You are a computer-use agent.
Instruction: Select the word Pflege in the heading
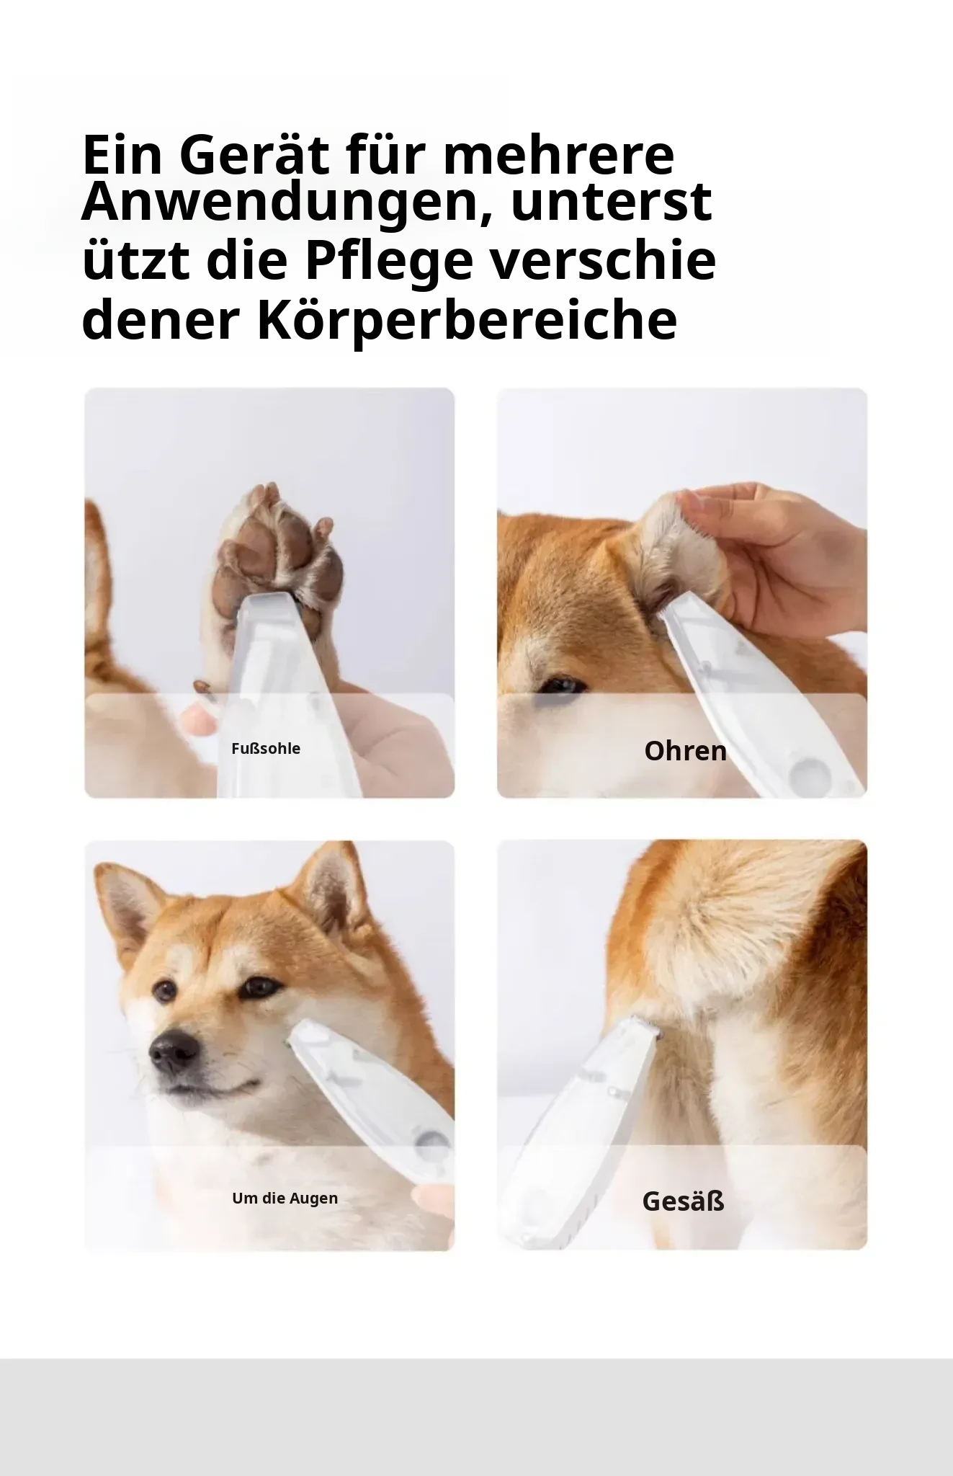[x=389, y=262]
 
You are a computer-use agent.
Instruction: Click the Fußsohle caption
[x=266, y=749]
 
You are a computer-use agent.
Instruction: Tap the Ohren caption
[x=685, y=751]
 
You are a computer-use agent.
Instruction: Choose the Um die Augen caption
[x=285, y=1199]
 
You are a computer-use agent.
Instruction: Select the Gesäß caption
[x=683, y=1201]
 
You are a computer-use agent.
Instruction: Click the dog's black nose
[x=171, y=1053]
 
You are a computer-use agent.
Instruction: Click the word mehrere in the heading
[x=559, y=155]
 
